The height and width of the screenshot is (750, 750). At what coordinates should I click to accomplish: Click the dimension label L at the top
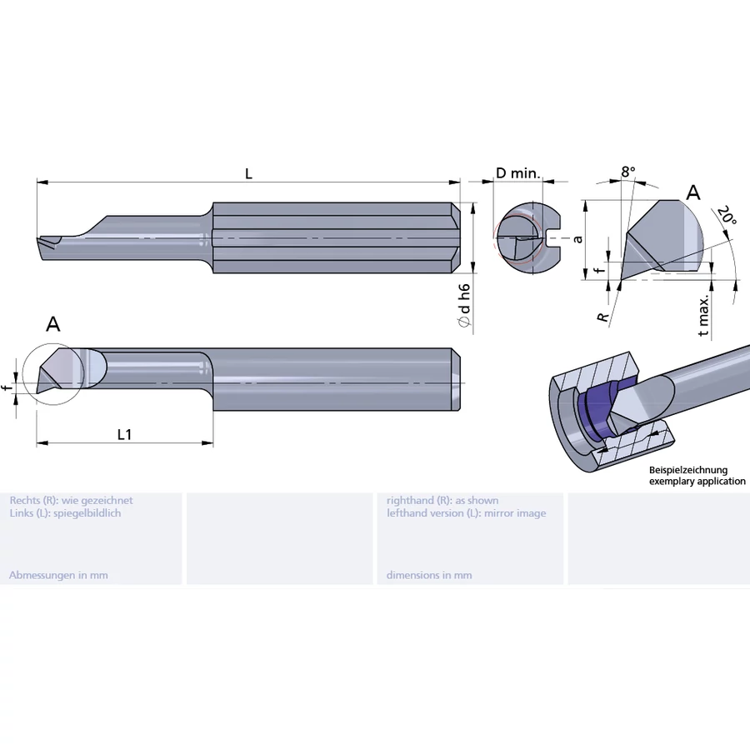248,173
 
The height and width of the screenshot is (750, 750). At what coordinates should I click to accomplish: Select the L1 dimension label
124,434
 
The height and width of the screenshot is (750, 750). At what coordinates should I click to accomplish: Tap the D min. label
517,173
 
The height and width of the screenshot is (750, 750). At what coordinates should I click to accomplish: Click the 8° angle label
628,172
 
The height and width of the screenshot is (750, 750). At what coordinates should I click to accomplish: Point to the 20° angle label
727,216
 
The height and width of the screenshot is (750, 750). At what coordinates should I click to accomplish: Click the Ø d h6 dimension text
464,308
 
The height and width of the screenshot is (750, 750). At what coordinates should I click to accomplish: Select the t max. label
704,315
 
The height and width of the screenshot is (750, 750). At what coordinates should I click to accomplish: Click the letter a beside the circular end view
577,238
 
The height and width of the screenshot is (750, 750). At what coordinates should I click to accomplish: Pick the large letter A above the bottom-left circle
53,324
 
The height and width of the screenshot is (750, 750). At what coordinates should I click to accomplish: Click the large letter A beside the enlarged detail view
692,193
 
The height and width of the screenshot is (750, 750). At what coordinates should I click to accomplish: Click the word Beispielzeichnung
688,470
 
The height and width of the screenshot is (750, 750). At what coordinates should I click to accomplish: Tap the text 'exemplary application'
697,482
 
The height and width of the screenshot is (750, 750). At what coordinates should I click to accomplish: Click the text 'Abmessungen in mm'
58,575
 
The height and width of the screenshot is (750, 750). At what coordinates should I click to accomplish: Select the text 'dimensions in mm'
428,575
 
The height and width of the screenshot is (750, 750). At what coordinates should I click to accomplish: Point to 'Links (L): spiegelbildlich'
65,513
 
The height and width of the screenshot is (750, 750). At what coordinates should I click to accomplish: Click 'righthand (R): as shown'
442,500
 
